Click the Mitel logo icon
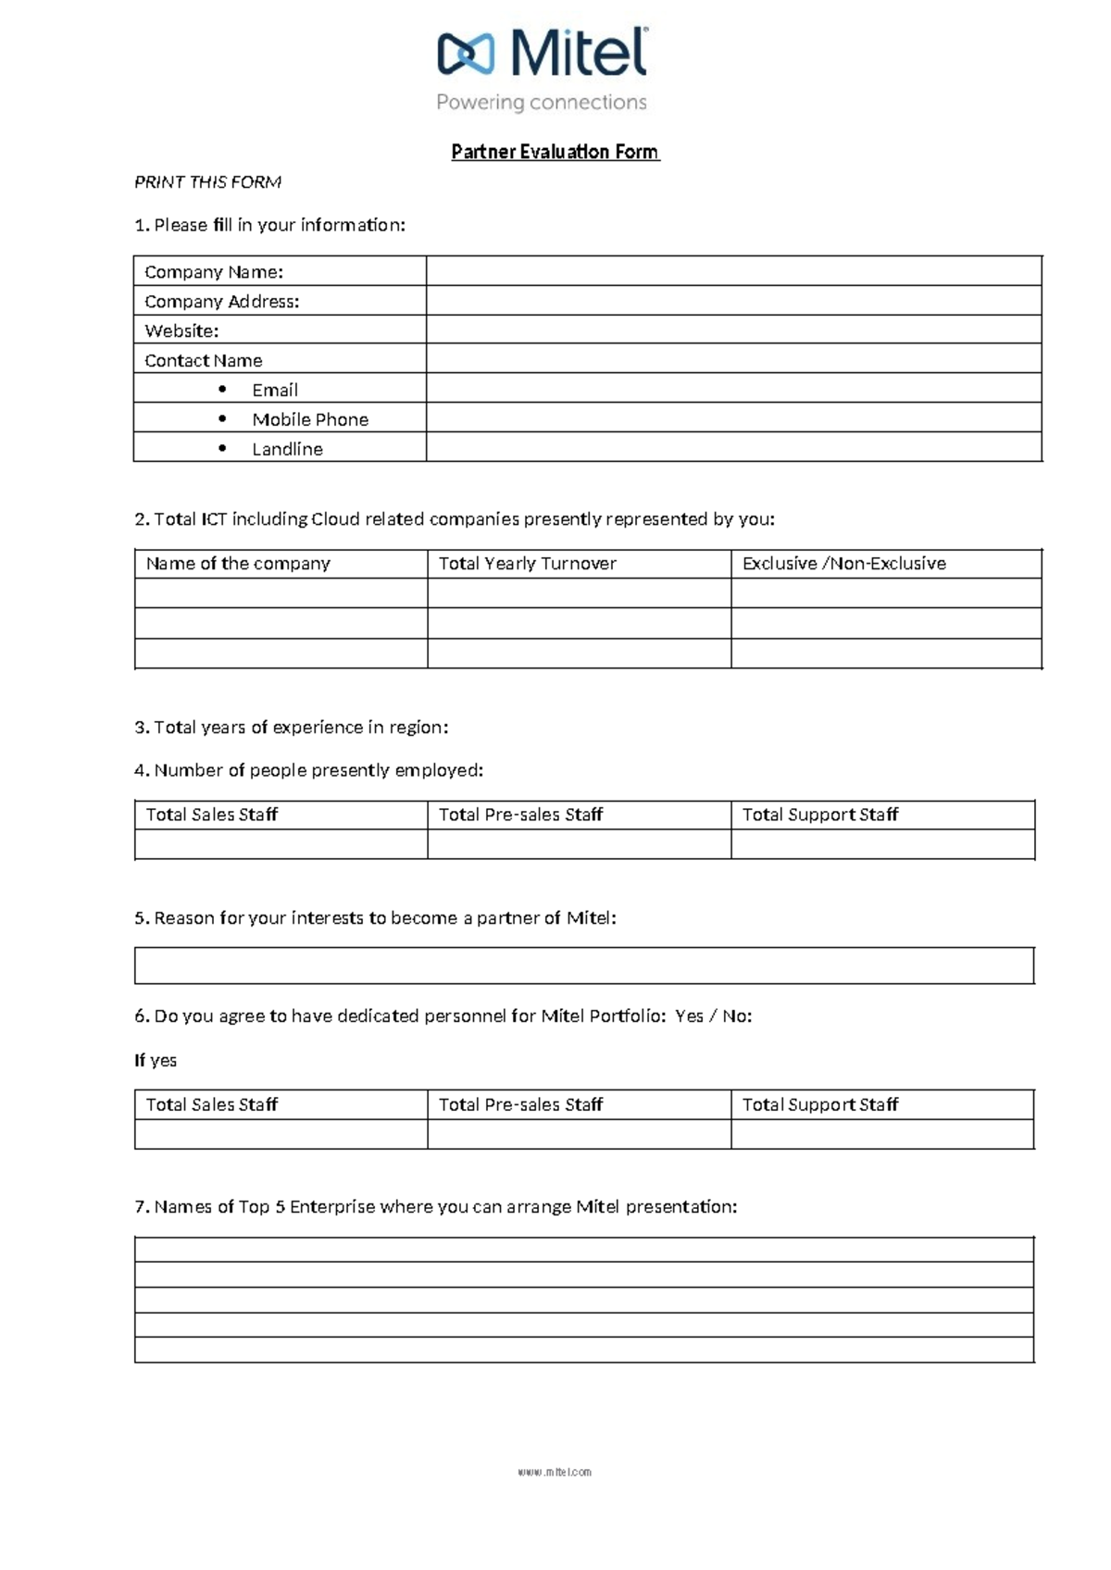click(x=466, y=54)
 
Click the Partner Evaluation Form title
click(x=555, y=152)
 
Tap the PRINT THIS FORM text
click(x=207, y=182)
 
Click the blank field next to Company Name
click(x=733, y=271)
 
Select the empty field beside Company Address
click(x=733, y=301)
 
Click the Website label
click(x=181, y=330)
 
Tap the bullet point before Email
click(x=222, y=389)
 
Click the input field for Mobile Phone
click(x=733, y=418)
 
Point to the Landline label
click(x=287, y=449)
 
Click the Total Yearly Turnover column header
click(x=527, y=564)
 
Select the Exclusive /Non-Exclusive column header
click(x=843, y=564)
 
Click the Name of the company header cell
click(x=238, y=564)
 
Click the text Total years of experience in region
click(x=291, y=728)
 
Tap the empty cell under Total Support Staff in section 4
click(x=882, y=844)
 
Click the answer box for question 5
click(x=583, y=966)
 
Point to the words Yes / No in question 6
click(x=713, y=1016)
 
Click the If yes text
click(x=156, y=1061)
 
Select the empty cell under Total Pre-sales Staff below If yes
click(x=579, y=1134)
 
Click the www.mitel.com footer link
click(x=555, y=1472)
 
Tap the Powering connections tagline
click(x=542, y=103)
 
